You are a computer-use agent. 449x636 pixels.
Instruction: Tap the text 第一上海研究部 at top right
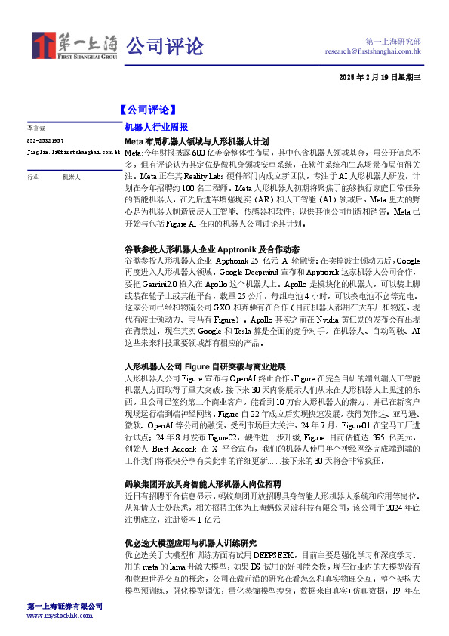[392, 41]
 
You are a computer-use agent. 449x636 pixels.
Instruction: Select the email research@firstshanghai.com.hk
[373, 51]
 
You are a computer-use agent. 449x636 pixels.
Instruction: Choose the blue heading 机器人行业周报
[156, 128]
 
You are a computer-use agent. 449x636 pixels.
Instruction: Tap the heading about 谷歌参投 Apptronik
[212, 249]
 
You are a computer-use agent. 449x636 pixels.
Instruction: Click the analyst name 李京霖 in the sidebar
[37, 130]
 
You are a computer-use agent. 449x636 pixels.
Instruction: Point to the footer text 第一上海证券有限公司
[65, 607]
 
